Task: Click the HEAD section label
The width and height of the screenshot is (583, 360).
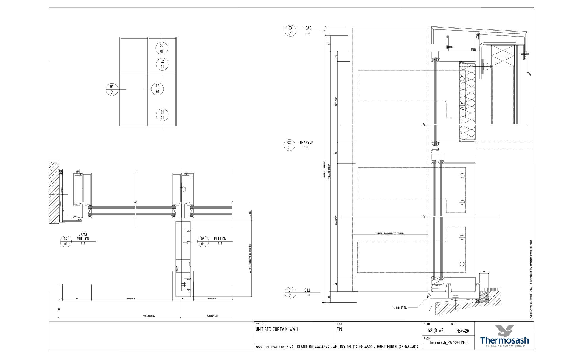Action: pos(307,28)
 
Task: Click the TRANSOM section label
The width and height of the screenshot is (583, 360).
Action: pos(306,143)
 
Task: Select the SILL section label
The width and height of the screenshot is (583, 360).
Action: pos(307,290)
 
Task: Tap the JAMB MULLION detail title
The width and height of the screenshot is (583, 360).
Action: pos(83,237)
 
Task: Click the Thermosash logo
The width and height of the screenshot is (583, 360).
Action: pos(504,336)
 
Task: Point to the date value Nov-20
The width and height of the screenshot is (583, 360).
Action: pos(462,331)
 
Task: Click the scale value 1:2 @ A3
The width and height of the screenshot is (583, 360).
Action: pos(435,331)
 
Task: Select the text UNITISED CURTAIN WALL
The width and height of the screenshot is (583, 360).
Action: pos(277,329)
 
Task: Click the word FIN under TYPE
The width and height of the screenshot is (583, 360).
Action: pos(340,329)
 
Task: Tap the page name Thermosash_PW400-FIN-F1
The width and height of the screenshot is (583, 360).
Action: pos(448,342)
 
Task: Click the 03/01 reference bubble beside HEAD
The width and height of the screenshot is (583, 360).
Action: pos(290,31)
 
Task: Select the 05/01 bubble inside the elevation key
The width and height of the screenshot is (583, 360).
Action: pos(157,89)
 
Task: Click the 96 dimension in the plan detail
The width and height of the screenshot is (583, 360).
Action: pos(77,298)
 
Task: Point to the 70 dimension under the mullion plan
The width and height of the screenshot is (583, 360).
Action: pos(183,298)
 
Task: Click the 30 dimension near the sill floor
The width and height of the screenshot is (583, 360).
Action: pos(484,272)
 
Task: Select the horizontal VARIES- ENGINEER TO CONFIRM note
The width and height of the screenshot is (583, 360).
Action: pos(390,234)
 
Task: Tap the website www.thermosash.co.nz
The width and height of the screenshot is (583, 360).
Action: pos(271,347)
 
